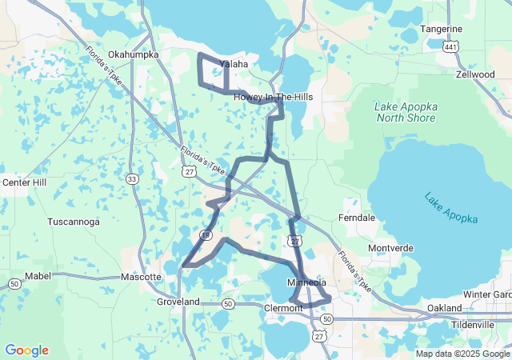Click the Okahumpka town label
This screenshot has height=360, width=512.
[134, 54]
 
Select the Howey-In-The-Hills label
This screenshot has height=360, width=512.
[273, 97]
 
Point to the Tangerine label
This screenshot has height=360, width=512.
[441, 30]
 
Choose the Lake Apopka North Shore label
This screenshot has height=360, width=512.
[405, 112]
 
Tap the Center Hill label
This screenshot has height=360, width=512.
[26, 182]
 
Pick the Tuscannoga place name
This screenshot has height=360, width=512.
[73, 221]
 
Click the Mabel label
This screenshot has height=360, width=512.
[38, 276]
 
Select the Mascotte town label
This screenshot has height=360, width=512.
[142, 277]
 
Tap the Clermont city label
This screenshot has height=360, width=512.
[283, 308]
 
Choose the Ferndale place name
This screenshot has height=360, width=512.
[357, 218]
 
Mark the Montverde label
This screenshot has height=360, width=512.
[390, 248]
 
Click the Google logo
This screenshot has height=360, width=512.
[26, 350]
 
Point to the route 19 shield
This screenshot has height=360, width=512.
[206, 234]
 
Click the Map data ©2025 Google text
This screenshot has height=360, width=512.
[462, 354]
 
